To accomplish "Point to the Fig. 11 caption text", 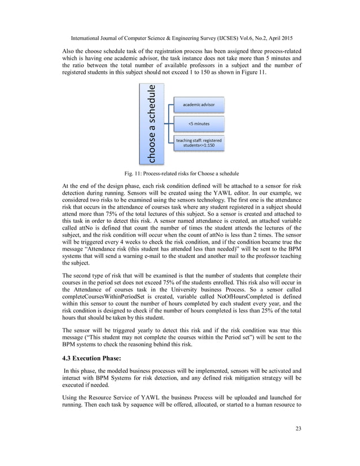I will (x=180, y=173).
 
